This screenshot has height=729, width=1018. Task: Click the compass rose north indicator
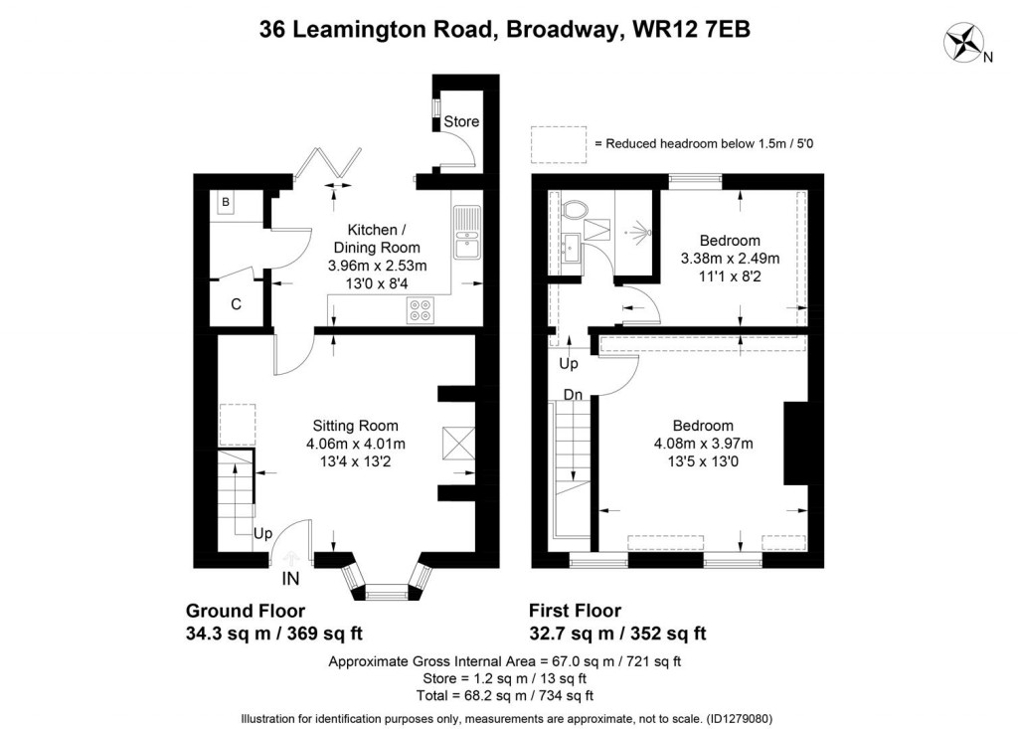tap(964, 43)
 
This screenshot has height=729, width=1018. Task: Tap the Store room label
tap(461, 121)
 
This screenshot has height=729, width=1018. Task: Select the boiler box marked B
tap(226, 203)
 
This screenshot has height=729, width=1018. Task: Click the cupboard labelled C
tap(236, 304)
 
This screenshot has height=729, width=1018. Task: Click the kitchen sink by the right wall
tap(465, 231)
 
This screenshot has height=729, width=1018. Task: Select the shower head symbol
tap(637, 232)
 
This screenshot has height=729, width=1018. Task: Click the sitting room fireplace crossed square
tap(457, 441)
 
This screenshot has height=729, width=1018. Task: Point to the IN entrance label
tap(290, 578)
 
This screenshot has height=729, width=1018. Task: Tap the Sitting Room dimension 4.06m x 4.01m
tap(355, 444)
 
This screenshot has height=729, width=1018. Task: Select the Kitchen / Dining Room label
tap(377, 239)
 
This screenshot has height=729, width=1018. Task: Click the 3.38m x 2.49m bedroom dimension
tap(730, 259)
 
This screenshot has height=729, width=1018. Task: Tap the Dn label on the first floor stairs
tap(573, 395)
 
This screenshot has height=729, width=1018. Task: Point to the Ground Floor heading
tap(246, 611)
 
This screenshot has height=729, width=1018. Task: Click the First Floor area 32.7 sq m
tap(571, 633)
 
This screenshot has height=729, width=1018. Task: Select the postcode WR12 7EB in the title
tap(685, 30)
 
